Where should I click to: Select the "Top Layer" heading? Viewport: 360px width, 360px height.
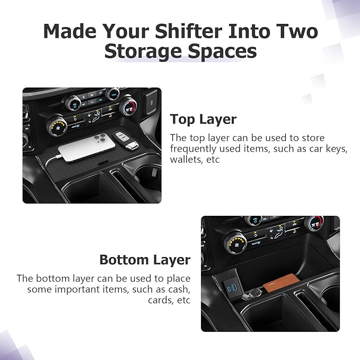[203, 119]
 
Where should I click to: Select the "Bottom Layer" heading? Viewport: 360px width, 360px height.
[145, 260]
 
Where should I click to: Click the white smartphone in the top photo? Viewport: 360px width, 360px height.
[86, 147]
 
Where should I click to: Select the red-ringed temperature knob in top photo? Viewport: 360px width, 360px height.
[128, 106]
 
